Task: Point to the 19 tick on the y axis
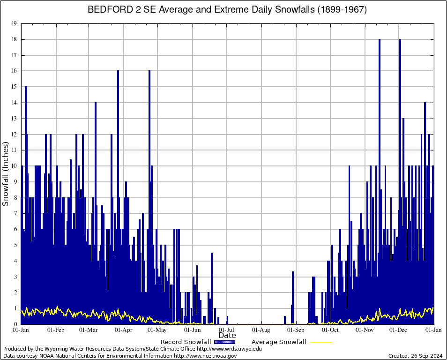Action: point(15,23)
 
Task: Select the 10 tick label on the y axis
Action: point(15,166)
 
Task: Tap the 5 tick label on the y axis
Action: point(15,245)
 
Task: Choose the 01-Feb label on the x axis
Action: point(56,330)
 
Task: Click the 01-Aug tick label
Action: point(261,330)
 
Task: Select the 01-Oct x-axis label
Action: point(330,330)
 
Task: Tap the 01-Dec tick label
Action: point(399,330)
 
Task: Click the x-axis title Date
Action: point(227,336)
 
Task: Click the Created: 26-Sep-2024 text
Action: point(416,356)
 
